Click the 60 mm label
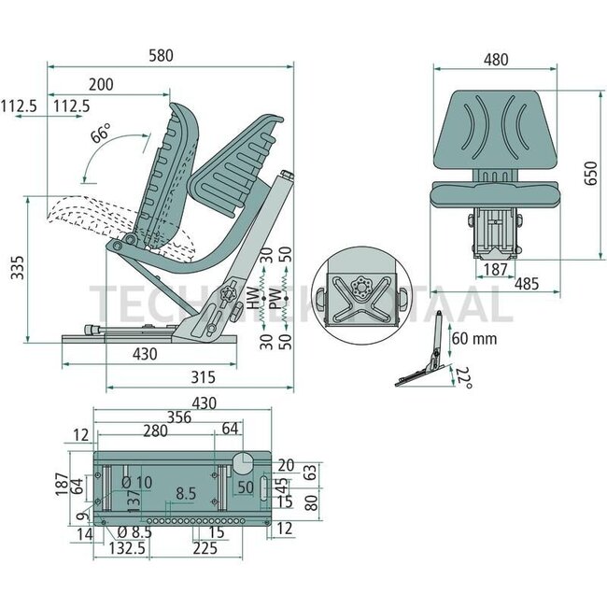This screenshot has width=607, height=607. click(x=473, y=338)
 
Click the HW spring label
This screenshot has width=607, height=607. click(x=251, y=299)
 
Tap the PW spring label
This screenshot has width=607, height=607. click(x=274, y=299)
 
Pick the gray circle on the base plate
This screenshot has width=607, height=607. click(x=243, y=465)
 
